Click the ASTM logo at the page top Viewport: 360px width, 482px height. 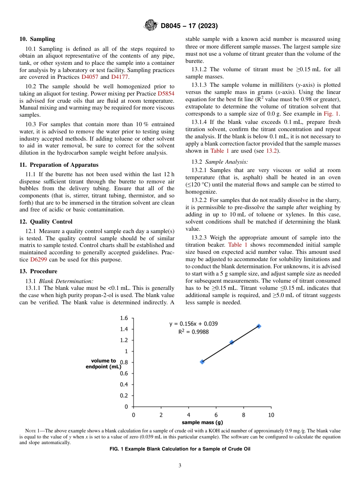151,26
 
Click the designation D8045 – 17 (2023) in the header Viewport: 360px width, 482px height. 189,26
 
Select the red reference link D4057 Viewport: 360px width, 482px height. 90,77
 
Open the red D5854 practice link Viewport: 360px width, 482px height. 166,94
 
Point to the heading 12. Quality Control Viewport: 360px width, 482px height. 46,222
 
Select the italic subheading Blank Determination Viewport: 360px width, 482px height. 66,281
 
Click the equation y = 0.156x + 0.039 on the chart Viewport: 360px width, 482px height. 193,324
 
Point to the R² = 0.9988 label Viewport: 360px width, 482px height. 193,332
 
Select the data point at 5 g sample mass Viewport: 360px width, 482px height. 202,362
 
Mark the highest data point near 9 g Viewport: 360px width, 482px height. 259,326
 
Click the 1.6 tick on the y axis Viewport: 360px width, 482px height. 124,318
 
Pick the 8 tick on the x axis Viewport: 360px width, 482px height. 244,415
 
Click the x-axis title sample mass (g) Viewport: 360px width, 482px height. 202,422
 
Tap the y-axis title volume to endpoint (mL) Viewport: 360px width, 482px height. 103,364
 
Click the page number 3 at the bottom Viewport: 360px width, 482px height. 180,466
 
